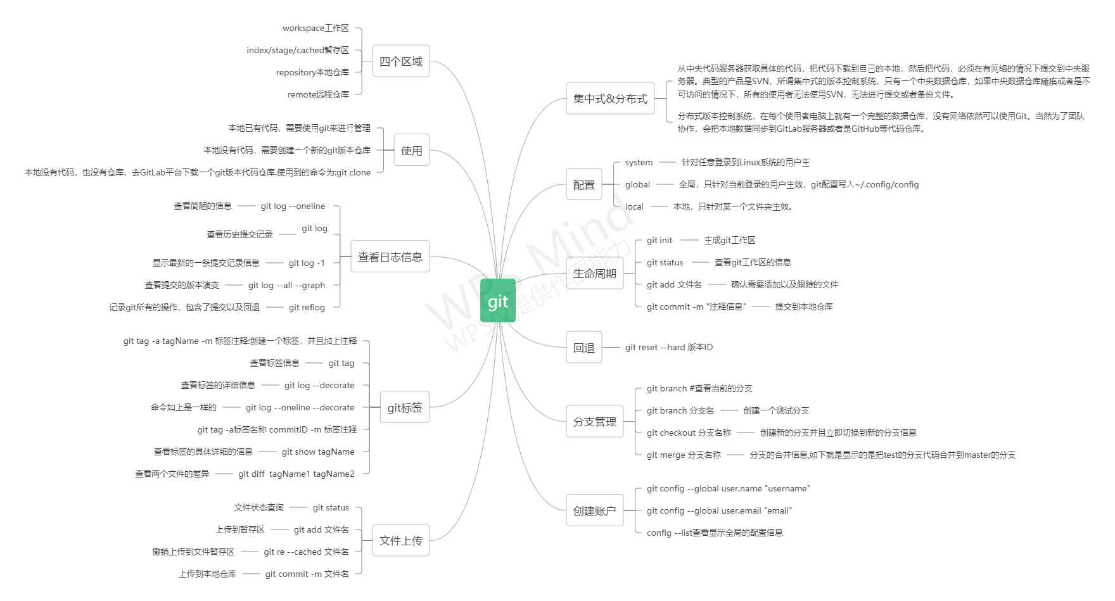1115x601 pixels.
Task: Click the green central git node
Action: tap(498, 301)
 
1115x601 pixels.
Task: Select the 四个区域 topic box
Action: tap(400, 61)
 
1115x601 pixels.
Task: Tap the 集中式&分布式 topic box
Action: tap(609, 99)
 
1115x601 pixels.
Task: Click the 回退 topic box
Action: tap(583, 348)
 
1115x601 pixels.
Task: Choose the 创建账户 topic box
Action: tap(594, 511)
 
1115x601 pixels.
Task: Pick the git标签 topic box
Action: tap(404, 408)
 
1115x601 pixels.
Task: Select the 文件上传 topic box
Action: tap(400, 540)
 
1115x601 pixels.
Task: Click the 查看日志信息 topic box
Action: tap(390, 256)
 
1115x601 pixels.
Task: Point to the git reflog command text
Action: tap(307, 308)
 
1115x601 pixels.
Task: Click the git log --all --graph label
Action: tap(286, 286)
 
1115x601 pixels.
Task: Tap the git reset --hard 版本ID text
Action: tap(668, 348)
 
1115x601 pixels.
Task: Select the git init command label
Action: tap(659, 241)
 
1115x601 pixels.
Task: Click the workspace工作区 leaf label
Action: tap(315, 28)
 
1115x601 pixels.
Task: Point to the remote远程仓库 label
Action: tap(318, 95)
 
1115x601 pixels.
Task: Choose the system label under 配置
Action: tap(639, 163)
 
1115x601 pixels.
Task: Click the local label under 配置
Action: tap(634, 207)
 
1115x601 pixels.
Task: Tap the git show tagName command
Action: tap(318, 452)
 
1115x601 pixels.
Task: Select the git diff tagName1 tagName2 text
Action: tap(296, 474)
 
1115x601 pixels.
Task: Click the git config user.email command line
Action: tap(719, 511)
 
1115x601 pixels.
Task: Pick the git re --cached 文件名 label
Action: tap(306, 552)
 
